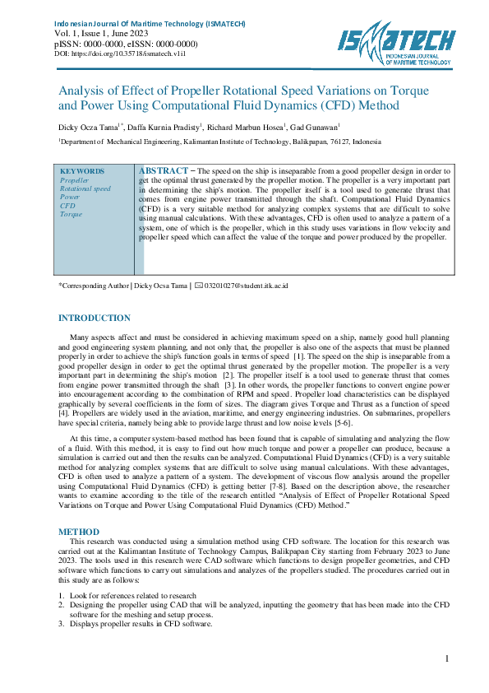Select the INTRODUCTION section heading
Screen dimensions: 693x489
[x=94, y=318]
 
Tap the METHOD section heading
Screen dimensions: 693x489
[x=79, y=533]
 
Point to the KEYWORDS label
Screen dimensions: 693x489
[x=82, y=171]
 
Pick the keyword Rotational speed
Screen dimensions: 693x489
[x=85, y=188]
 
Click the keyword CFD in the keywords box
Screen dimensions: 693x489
[x=67, y=206]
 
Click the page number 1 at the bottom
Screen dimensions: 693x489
[x=446, y=658]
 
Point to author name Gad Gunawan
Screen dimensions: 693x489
[x=315, y=128]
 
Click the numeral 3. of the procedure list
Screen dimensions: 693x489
[x=61, y=624]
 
